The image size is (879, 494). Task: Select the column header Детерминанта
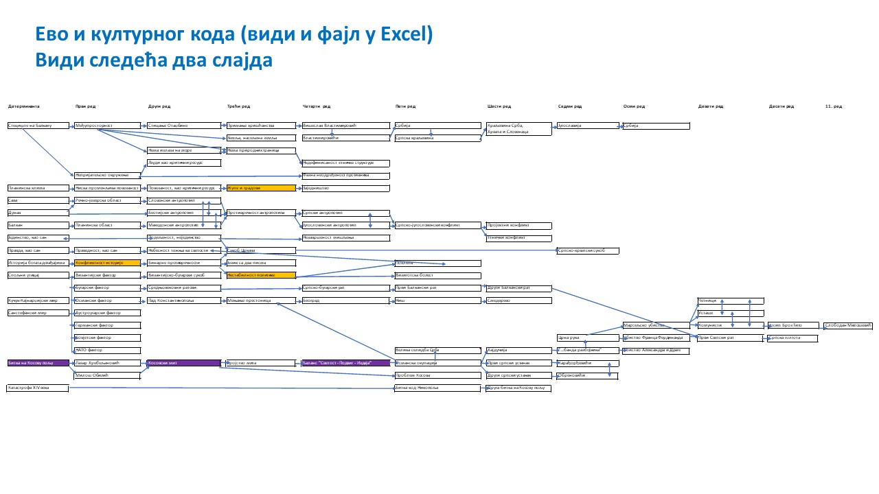click(24, 106)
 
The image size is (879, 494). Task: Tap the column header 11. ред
click(834, 106)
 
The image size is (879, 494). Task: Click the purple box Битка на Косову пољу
click(38, 362)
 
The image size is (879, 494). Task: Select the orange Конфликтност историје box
click(107, 263)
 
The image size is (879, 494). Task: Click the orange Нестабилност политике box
click(261, 275)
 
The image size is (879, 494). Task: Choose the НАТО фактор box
click(107, 350)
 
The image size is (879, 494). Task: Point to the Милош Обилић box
click(107, 375)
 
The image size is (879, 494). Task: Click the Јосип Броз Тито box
click(792, 325)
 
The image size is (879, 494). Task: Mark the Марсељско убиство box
click(655, 325)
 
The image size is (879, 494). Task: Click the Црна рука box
click(587, 338)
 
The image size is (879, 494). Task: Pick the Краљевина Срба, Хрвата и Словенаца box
click(518, 128)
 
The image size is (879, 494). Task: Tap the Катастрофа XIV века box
click(38, 388)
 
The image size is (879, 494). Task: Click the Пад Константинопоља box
click(184, 301)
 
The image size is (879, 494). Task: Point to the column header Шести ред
click(499, 106)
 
